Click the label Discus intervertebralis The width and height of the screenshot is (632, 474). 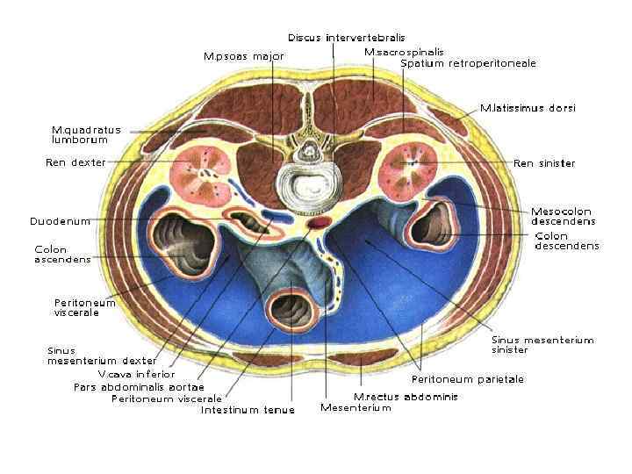(347, 38)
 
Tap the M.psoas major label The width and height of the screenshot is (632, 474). (243, 56)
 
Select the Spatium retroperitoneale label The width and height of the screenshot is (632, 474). (468, 63)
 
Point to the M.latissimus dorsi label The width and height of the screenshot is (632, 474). (528, 108)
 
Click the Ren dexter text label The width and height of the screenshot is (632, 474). (75, 162)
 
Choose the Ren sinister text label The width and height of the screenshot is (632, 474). (544, 163)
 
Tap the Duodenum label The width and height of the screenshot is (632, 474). (60, 221)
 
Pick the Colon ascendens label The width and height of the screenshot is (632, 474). (62, 254)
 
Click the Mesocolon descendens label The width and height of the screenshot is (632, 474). (562, 216)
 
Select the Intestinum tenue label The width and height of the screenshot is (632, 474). (248, 410)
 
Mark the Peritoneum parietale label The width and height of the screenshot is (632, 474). (468, 379)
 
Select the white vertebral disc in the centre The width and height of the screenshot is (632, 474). (309, 188)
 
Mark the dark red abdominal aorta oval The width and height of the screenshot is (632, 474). (318, 232)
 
